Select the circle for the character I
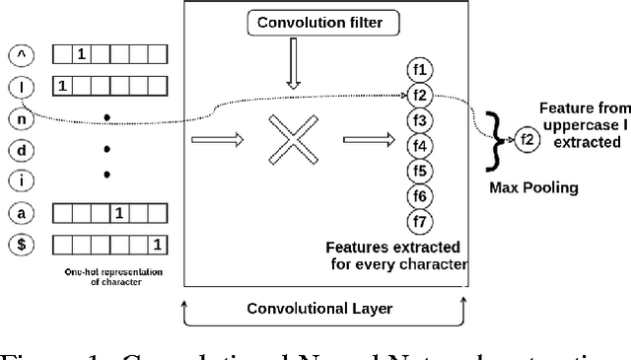point(16,87)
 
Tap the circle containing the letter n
point(16,117)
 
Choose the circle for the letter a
point(16,211)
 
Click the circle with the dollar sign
point(16,243)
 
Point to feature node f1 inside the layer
point(420,70)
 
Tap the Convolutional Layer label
point(318,309)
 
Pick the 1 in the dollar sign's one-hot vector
point(156,243)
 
